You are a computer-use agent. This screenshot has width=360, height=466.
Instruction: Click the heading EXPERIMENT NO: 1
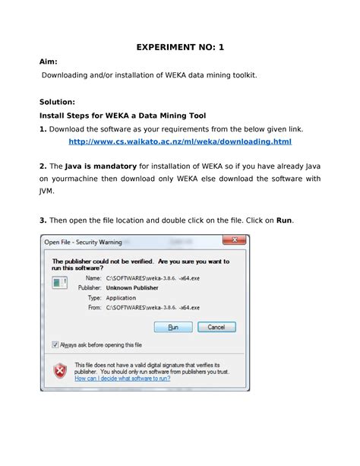pyautogui.click(x=180, y=47)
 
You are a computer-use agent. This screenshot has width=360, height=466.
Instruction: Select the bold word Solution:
pyautogui.click(x=57, y=101)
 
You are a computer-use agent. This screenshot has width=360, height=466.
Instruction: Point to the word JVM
pyautogui.click(x=47, y=192)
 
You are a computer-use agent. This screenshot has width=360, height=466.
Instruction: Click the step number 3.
pyautogui.click(x=43, y=220)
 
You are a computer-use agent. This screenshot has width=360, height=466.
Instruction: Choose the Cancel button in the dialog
pyautogui.click(x=216, y=327)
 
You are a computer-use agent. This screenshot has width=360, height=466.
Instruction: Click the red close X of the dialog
pyautogui.click(x=236, y=242)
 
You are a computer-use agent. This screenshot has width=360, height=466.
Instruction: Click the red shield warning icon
pyautogui.click(x=59, y=370)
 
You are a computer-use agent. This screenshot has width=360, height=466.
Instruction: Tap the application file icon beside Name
pyautogui.click(x=58, y=282)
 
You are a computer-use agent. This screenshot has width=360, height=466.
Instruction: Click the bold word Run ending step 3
pyautogui.click(x=284, y=220)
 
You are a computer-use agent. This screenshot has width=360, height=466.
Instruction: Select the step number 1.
pyautogui.click(x=43, y=128)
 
